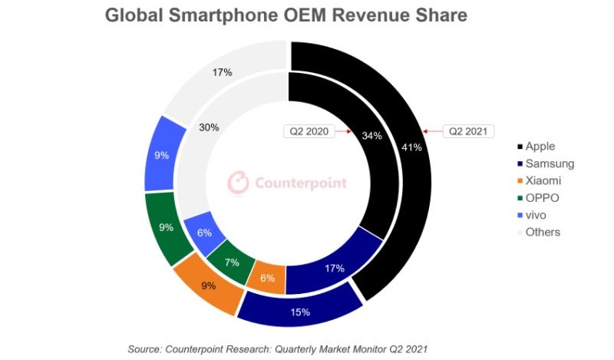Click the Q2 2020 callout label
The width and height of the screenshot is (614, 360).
coord(309,131)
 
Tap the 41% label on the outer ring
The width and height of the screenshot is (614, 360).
coord(411,147)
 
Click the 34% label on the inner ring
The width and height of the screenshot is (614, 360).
coord(371,136)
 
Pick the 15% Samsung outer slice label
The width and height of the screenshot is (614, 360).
coord(300,312)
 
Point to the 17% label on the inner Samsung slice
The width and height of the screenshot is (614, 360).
coord(333,268)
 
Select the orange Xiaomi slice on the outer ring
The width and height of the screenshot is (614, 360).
coord(207,285)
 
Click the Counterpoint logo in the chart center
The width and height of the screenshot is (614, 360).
coord(287,183)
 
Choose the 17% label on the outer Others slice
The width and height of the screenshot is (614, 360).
coord(223,72)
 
